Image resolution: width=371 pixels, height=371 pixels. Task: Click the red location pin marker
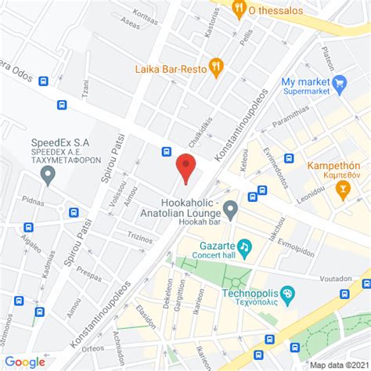185,167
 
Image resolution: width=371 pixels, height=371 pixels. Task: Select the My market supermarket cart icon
339,82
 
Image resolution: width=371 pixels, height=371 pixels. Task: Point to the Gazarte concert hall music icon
244,247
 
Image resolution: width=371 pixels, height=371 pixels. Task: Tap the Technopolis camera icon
288,295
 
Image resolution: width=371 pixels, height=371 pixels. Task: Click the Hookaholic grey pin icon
230,208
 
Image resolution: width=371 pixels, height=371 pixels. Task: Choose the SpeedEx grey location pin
49,175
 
